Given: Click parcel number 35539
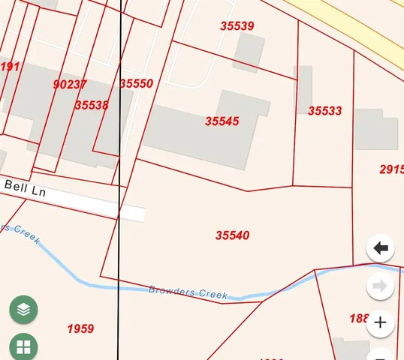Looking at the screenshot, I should [x=237, y=26].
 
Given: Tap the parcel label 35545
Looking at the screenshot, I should [x=222, y=121].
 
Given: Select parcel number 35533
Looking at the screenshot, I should [x=324, y=111].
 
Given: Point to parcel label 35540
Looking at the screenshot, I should [x=232, y=235].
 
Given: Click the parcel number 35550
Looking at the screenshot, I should [x=136, y=84].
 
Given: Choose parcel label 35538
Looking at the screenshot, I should [x=92, y=106].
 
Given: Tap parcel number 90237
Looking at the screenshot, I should [x=70, y=85].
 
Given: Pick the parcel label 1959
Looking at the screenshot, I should [x=80, y=328].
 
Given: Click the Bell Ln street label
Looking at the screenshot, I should [x=26, y=186].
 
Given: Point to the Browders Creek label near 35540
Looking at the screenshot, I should [x=187, y=292].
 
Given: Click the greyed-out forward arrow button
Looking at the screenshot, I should [x=381, y=286].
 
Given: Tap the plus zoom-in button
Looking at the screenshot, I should [x=381, y=323].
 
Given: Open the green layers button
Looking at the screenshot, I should [x=24, y=309].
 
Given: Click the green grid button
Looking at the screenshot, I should [x=24, y=347].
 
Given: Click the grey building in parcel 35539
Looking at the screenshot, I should [x=249, y=51].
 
